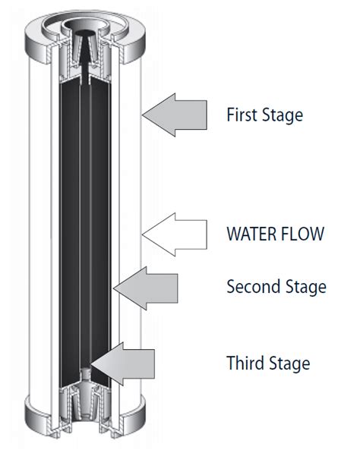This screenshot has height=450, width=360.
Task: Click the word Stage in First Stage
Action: [x=283, y=116]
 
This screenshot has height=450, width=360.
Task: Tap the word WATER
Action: [x=251, y=234]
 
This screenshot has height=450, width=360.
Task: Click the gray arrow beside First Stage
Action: [x=175, y=115]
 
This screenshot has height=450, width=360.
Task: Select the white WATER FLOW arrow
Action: [x=175, y=234]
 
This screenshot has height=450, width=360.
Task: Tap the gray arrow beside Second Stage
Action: [x=146, y=288]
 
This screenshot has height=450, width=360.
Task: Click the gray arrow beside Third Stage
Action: [x=123, y=364]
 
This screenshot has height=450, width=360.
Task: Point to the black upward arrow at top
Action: [x=85, y=58]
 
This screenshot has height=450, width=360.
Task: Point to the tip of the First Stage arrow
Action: [x=142, y=115]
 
